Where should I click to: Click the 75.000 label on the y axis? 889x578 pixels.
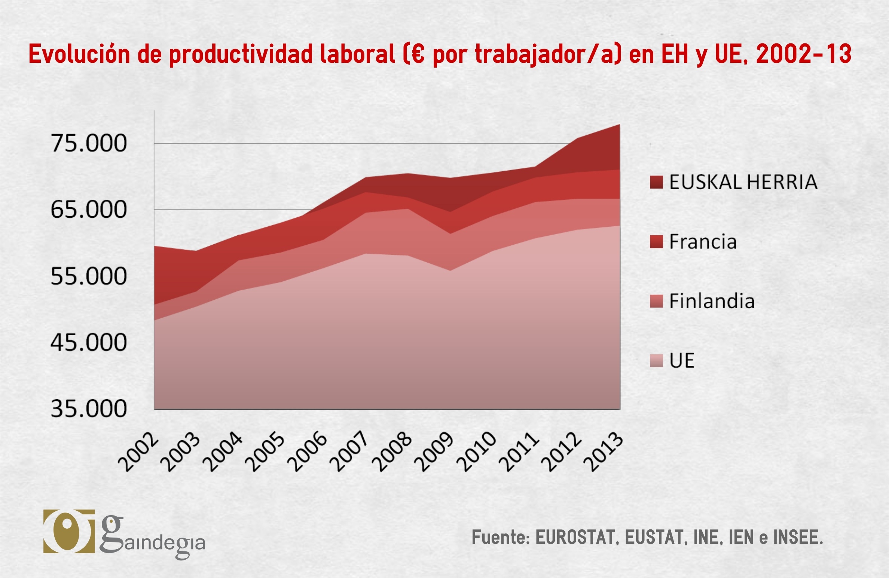pos(89,143)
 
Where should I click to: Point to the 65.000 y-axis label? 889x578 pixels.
pos(89,210)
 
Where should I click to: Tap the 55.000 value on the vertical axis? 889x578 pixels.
pos(89,276)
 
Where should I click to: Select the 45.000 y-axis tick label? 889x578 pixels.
pos(89,342)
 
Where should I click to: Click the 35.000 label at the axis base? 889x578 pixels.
pos(89,409)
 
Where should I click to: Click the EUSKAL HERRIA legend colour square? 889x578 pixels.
pos(656,182)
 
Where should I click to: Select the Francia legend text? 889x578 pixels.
pos(703,242)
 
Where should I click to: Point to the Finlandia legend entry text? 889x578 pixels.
pos(712,301)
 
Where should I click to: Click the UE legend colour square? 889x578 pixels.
pos(656,361)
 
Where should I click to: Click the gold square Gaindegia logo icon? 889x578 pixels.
pos(69,531)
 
